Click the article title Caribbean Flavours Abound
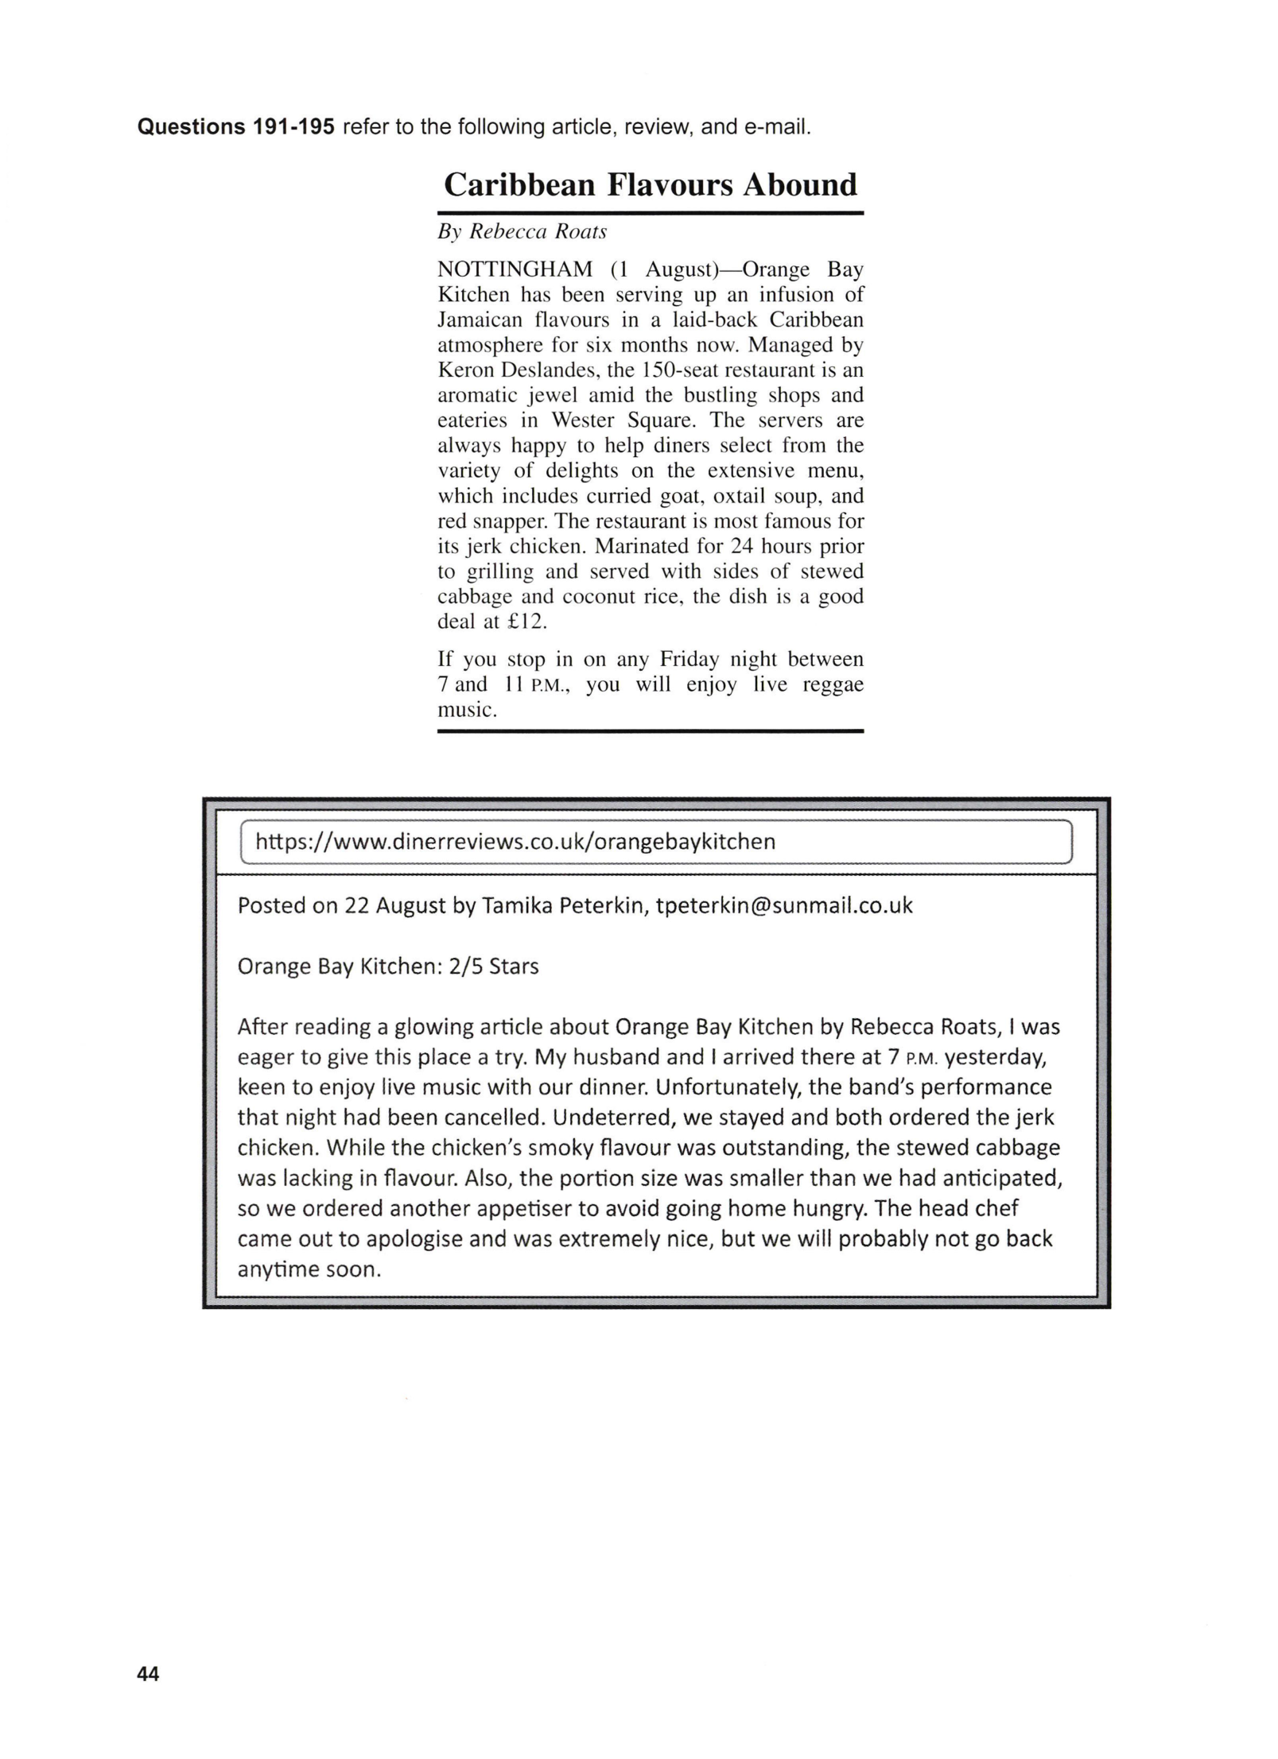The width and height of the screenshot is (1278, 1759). point(650,185)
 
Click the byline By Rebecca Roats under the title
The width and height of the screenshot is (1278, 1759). point(522,231)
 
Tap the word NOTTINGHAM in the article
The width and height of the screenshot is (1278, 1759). point(515,269)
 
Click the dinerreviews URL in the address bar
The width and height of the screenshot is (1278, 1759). point(515,842)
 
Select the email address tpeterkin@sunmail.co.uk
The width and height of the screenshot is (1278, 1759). point(783,905)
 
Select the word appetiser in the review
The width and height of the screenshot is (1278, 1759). point(526,1209)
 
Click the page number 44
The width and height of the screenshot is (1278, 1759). point(149,1674)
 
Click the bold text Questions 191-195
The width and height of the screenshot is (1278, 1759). point(236,127)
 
